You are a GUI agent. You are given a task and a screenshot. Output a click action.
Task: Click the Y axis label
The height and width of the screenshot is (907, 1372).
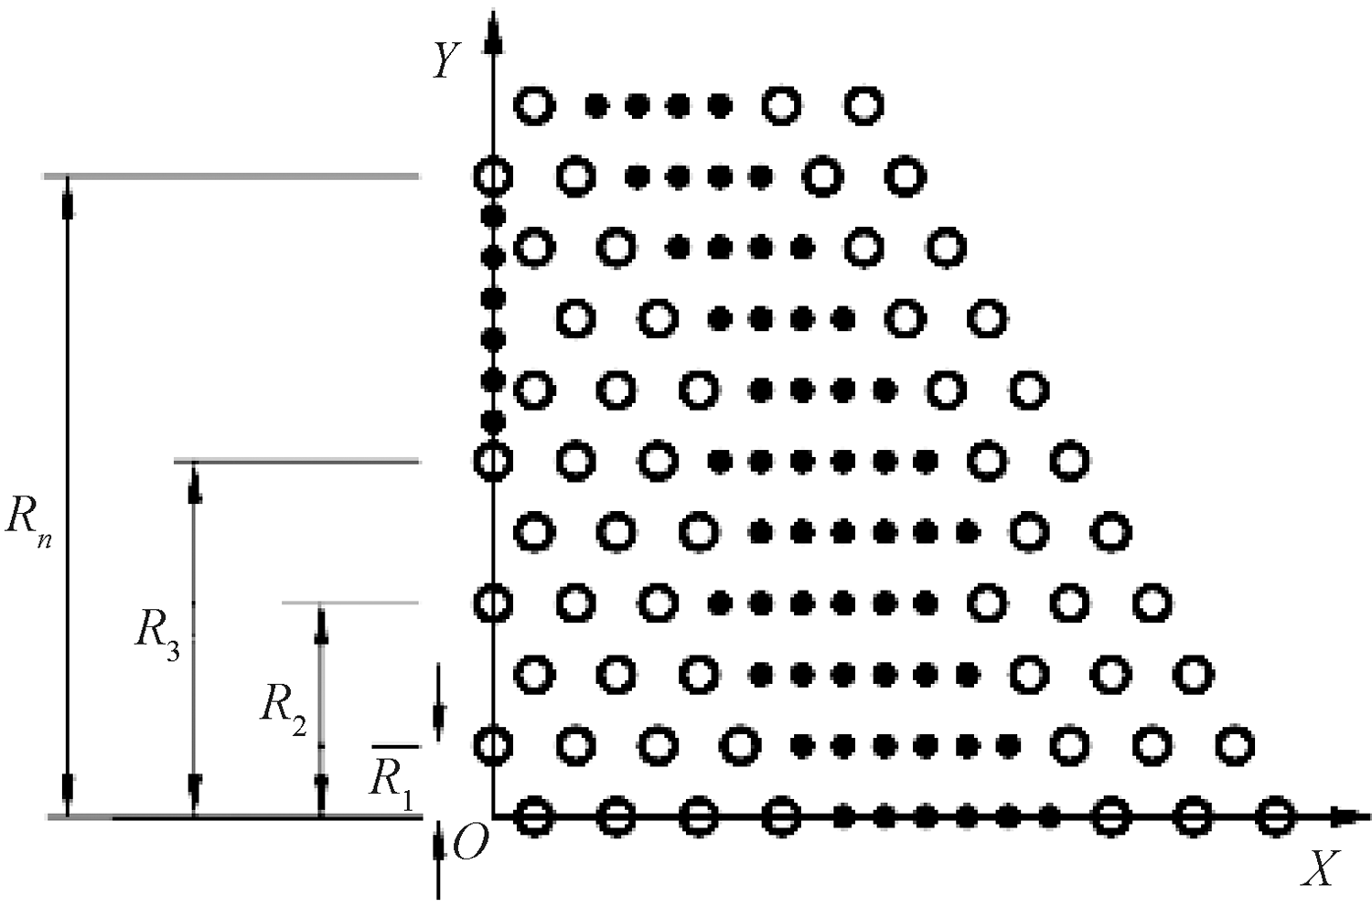point(445,60)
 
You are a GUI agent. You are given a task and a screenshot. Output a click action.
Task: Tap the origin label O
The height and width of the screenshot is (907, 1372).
point(468,846)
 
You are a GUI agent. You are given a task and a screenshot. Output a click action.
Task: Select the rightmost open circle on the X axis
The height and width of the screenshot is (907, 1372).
point(1275,816)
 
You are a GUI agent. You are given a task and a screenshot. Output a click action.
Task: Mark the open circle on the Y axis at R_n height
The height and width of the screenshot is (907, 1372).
point(493,176)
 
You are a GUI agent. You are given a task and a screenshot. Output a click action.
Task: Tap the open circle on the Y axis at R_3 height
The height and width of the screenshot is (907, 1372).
point(493,461)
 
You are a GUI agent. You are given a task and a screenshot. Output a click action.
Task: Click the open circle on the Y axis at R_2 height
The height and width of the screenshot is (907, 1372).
point(493,603)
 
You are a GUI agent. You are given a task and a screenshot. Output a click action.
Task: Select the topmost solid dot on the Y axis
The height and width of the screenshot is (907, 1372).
point(493,217)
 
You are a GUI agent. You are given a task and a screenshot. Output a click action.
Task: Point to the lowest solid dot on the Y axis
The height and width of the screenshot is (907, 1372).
point(493,421)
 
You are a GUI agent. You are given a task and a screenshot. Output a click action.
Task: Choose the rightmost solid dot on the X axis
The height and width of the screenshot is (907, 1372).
point(1050,816)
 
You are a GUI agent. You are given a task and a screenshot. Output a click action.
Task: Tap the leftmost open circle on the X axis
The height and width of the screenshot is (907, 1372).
point(534,816)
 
